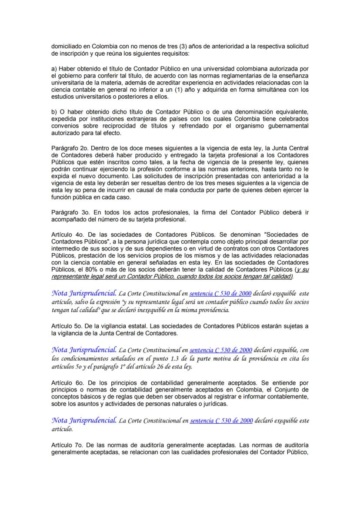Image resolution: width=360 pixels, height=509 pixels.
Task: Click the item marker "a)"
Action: tap(54, 69)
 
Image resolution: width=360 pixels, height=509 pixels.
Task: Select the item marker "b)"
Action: tap(54, 112)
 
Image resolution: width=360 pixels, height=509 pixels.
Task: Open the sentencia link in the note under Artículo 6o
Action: tap(221, 421)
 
